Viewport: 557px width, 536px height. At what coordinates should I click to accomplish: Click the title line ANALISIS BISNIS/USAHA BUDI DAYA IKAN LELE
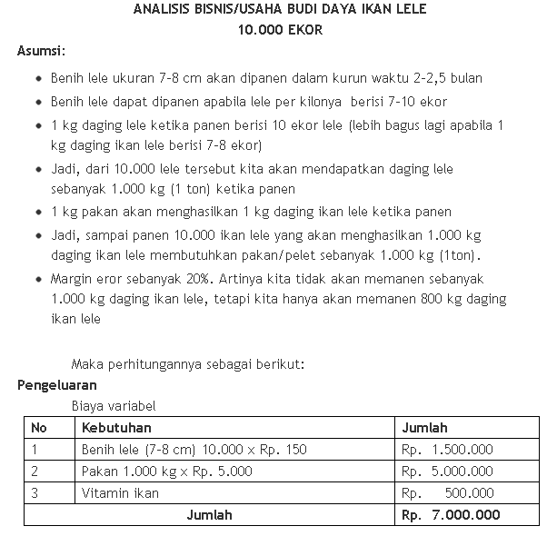pos(279,10)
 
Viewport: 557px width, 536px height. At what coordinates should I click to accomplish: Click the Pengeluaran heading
pos(56,384)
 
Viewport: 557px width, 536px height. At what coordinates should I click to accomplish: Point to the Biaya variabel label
pos(114,406)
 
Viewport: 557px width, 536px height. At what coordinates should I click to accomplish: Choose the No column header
pos(39,428)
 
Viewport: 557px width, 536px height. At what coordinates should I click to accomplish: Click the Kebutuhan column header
pos(116,428)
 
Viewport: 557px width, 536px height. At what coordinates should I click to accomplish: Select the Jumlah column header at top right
pos(424,428)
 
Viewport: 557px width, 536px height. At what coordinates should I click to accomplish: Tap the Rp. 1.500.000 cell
pos(447,450)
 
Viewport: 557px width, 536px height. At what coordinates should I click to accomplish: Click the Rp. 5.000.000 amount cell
pos(447,471)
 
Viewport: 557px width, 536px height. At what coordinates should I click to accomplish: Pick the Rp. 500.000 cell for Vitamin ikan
pos(447,493)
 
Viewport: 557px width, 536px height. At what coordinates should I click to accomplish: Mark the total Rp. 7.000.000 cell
pos(451,515)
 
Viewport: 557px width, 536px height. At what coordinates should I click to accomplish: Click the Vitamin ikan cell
pos(120,493)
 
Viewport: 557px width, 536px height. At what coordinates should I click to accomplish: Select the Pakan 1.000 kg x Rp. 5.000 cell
pos(167,471)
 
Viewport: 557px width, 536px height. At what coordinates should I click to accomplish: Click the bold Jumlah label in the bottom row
pos(209,515)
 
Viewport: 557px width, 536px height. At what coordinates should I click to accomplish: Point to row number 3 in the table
pos(35,493)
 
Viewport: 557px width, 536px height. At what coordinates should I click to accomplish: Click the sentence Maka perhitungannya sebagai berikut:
pos(188,364)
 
